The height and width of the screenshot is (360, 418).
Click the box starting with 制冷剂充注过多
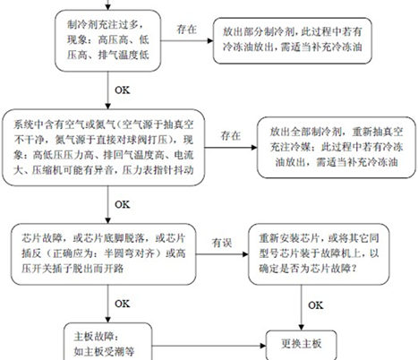click(x=108, y=40)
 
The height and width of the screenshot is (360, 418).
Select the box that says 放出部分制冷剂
click(x=292, y=40)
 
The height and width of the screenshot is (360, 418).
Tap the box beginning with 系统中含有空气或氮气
click(x=104, y=148)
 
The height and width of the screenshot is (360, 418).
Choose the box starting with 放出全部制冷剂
click(x=337, y=148)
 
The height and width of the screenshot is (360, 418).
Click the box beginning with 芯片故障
click(x=104, y=254)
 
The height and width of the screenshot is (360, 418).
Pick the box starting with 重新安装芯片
click(x=319, y=254)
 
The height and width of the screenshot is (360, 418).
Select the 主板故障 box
click(x=108, y=342)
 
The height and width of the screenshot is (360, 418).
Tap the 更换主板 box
click(x=301, y=346)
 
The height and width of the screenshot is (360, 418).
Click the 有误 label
click(x=222, y=243)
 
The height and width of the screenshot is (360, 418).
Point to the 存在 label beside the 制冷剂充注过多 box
click(x=186, y=30)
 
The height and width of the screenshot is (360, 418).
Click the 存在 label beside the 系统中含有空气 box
click(x=230, y=136)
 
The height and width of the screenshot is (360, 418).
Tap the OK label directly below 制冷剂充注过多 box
click(x=123, y=90)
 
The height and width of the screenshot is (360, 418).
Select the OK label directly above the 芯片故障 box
click(x=123, y=204)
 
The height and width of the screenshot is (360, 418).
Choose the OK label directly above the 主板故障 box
click(x=123, y=304)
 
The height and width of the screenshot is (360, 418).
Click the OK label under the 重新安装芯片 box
click(x=316, y=305)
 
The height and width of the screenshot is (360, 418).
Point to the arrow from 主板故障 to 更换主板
click(x=209, y=346)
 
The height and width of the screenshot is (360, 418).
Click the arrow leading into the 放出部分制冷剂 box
click(x=187, y=41)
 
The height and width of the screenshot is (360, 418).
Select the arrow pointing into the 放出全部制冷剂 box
click(x=231, y=148)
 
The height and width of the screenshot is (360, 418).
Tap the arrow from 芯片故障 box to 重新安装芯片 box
click(x=222, y=254)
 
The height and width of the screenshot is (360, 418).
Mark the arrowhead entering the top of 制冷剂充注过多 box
click(x=108, y=7)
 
